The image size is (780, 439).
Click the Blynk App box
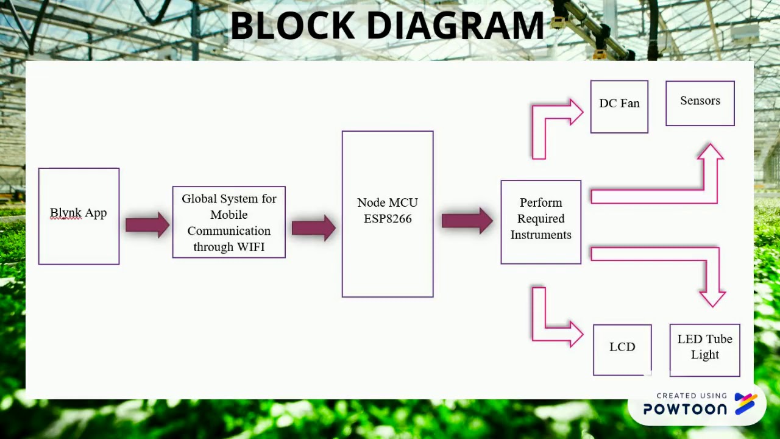point(79,216)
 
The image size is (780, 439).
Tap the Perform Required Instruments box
point(541,222)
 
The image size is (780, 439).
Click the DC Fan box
point(619,107)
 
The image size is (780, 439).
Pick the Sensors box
point(700,104)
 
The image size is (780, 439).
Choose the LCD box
point(622,349)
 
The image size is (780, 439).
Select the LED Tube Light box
point(704,349)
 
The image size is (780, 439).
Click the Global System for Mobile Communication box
point(229,222)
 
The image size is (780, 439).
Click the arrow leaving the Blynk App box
point(147,225)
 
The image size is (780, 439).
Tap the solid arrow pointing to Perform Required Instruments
point(467,220)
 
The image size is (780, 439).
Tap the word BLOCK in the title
point(292,26)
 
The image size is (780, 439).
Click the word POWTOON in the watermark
point(685,409)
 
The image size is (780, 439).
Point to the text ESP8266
point(388,219)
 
